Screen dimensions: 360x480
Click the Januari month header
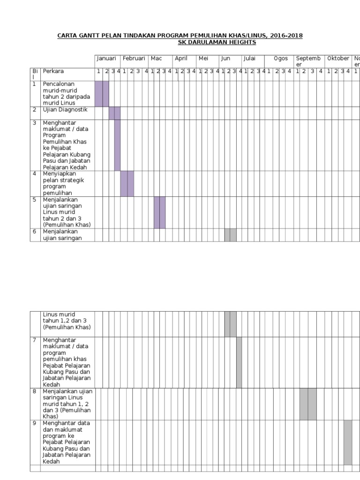106,58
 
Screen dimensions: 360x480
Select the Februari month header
134,58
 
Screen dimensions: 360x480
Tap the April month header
181,59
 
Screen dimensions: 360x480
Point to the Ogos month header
281,59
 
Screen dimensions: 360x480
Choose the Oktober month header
338,58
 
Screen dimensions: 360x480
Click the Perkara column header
53,71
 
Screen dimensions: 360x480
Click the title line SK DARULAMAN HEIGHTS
217,42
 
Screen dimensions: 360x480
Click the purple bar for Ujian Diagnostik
115,113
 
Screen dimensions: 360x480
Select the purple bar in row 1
102,94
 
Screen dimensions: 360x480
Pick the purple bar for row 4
127,184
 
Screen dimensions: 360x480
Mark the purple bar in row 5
160,212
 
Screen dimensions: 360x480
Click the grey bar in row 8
308,404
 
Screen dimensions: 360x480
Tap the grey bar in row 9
348,442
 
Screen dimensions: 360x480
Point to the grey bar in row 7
239,362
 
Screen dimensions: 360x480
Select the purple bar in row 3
118,145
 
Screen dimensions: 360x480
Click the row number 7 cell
35,362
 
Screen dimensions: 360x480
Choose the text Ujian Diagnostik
65,110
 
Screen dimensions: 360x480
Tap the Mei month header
203,58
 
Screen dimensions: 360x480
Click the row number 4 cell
35,184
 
